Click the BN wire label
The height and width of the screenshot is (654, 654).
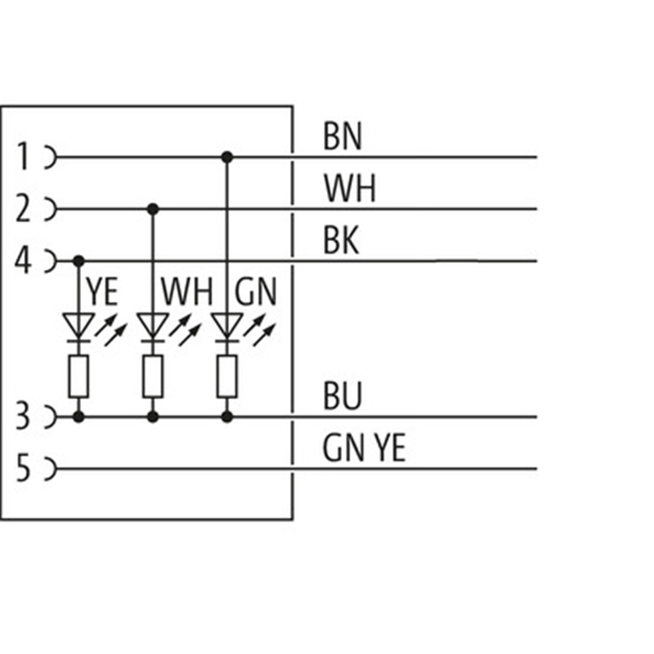343,137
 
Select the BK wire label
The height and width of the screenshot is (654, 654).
341,242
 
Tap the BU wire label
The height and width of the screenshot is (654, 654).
343,398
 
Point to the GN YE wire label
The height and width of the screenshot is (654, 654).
364,449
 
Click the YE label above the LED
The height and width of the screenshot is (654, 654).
101,292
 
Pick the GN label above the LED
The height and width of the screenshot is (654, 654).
256,292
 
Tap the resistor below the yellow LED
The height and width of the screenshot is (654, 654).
78,376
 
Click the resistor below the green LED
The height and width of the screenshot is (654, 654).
226,376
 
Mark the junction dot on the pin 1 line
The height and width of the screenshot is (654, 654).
226,156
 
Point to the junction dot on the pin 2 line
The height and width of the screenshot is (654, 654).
152,209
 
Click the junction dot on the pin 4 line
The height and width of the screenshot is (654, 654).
78,261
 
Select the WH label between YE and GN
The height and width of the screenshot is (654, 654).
186,292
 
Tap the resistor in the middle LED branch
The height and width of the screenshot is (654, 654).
152,376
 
